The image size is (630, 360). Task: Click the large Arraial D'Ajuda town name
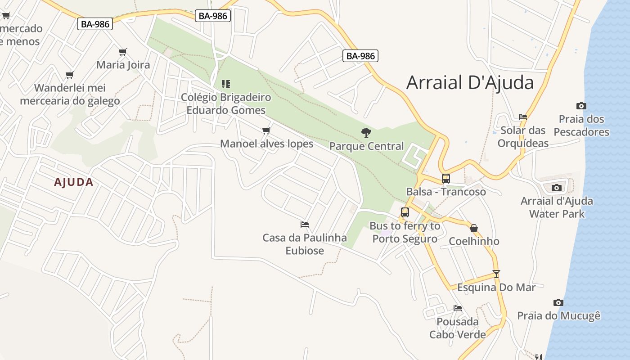point(470,83)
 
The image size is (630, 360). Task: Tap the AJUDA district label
point(74,182)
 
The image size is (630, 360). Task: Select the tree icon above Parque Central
point(366,133)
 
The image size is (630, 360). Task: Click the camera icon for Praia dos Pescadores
point(581,106)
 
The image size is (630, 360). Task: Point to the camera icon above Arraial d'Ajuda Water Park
point(557,188)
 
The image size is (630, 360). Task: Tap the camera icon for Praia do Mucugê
point(558,302)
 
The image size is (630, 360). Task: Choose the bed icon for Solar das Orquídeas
point(522,117)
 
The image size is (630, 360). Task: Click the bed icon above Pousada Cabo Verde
point(458,308)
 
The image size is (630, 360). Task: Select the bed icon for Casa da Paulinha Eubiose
point(305,224)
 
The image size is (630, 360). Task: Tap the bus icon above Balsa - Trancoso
point(445,179)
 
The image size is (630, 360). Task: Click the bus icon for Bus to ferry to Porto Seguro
point(405,212)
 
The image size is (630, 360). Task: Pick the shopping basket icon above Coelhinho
point(473,228)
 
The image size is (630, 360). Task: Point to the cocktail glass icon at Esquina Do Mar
point(496,274)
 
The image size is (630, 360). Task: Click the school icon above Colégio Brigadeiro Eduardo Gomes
point(226,84)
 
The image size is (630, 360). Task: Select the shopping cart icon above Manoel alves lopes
point(266,131)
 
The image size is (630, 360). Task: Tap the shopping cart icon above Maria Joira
point(123,52)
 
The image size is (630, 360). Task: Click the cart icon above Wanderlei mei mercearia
point(69,75)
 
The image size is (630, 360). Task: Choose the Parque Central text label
point(366,146)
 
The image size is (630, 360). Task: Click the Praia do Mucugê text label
point(558,316)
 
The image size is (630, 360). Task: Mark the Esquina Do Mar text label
point(496,288)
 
